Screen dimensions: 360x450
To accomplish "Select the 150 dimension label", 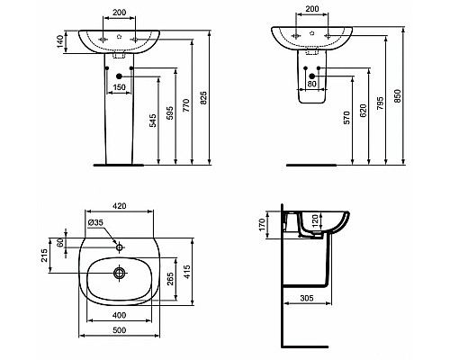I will [118, 87].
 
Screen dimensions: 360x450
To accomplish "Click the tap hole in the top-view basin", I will [119, 245].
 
